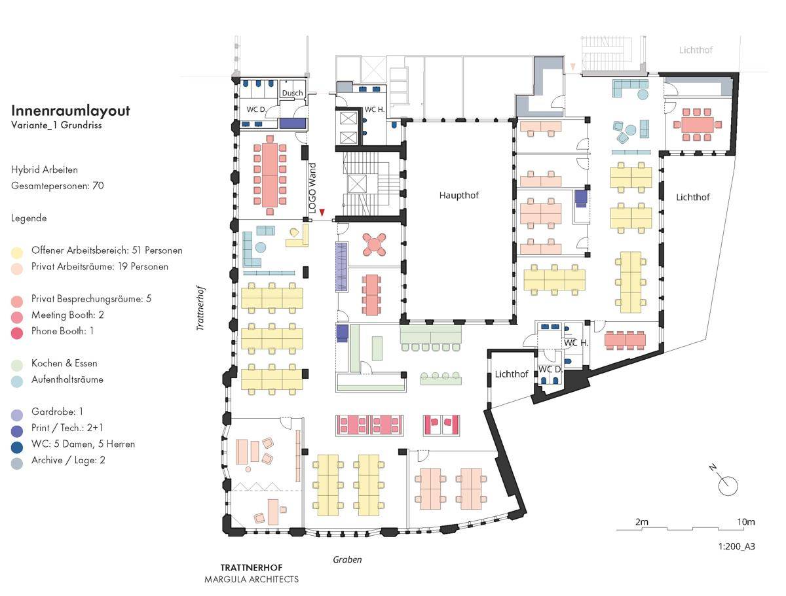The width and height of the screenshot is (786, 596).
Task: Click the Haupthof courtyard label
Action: click(458, 196)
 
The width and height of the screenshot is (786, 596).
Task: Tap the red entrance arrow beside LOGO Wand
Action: click(322, 213)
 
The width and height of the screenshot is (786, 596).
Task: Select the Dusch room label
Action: click(292, 93)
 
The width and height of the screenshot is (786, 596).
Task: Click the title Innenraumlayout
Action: click(71, 111)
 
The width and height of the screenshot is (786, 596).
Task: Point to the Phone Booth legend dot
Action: click(17, 333)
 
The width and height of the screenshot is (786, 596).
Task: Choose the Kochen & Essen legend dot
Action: click(17, 365)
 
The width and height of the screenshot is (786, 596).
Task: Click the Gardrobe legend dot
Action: click(17, 415)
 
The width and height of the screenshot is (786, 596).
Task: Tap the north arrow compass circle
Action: click(728, 486)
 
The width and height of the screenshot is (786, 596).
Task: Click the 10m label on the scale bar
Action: click(745, 522)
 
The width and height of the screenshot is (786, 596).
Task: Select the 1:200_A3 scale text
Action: click(737, 546)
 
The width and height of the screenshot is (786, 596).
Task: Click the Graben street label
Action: click(347, 559)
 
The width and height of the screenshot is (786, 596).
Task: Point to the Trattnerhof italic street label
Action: click(200, 308)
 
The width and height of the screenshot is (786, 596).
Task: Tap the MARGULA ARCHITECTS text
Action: click(252, 579)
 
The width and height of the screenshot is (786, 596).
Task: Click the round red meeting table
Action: click(374, 245)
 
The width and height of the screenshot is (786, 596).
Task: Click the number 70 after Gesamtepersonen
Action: click(98, 186)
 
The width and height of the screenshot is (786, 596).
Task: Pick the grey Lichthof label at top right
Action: click(696, 50)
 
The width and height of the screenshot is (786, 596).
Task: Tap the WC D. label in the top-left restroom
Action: click(256, 109)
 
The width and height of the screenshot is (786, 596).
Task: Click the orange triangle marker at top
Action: click(572, 67)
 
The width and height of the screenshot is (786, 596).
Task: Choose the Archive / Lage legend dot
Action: click(17, 463)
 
